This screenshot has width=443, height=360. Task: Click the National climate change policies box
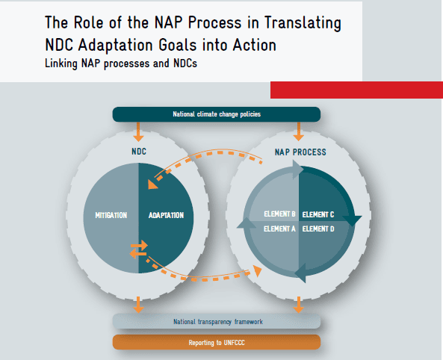217,114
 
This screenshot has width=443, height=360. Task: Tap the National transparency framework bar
217,321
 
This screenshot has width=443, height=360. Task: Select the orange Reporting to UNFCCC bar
217,342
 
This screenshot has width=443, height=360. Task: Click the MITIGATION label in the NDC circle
111,215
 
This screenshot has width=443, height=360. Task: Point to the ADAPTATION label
166,215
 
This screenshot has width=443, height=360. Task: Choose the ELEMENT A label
279,229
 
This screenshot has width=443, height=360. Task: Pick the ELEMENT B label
279,214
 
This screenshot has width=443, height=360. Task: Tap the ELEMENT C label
318,215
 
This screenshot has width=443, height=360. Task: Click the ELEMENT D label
318,229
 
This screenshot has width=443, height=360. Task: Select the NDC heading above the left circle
139,152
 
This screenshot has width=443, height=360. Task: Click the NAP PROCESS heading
300,152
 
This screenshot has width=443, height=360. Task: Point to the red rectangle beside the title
356,90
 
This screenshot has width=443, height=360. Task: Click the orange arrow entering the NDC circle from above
138,131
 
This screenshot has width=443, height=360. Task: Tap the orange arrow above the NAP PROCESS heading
298,131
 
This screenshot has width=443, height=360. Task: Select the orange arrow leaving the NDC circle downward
138,305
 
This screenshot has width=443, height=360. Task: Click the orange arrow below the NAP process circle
298,305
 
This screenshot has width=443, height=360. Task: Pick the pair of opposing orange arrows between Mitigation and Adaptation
139,249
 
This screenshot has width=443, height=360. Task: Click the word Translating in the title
303,23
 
